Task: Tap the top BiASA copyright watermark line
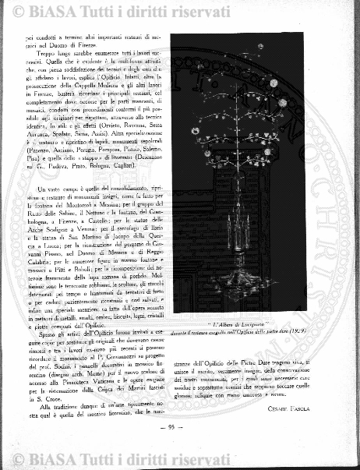[180, 10]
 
